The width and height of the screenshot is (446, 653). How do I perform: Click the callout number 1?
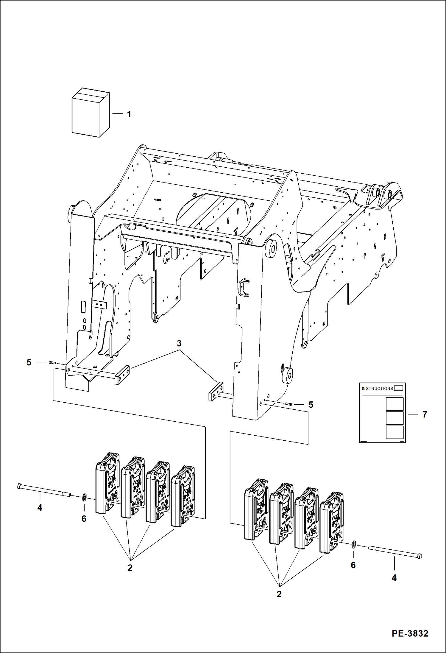[129, 114]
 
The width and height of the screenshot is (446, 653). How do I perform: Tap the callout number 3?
[179, 343]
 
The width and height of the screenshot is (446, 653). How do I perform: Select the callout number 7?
[425, 414]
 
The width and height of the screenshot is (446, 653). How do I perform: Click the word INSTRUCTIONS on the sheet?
[377, 389]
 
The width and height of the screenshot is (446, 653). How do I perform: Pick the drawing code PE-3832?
[410, 633]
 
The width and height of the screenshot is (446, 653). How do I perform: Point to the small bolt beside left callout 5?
[52, 362]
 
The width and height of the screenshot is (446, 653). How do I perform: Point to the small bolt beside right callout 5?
[289, 404]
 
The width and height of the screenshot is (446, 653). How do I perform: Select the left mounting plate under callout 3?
[122, 375]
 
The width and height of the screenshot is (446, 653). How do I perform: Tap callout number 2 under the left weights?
[130, 568]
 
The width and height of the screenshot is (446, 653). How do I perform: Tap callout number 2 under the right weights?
[279, 594]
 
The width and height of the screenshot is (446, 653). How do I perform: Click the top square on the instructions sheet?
[394, 404]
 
